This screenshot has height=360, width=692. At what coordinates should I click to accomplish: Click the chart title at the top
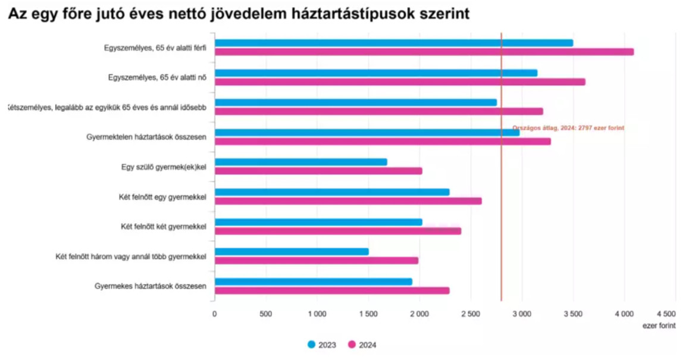(239, 14)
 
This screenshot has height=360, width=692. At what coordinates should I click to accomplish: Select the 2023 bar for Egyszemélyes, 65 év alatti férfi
(393, 43)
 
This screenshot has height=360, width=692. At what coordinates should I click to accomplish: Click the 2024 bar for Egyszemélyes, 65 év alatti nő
(399, 82)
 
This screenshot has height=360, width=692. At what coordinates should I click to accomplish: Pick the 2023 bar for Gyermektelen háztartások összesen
(367, 132)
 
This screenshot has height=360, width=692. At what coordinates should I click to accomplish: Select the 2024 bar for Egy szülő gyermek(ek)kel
(318, 171)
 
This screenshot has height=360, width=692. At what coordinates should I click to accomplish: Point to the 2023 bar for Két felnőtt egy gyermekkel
(331, 192)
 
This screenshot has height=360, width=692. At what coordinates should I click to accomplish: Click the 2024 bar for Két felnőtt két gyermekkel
(337, 231)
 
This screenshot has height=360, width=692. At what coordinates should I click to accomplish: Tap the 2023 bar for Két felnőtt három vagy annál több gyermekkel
(291, 252)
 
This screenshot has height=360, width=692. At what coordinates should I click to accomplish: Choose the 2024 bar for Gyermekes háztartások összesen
(331, 290)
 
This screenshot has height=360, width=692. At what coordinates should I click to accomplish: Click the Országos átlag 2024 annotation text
(568, 128)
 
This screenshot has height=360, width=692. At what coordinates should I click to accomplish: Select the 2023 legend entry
(322, 345)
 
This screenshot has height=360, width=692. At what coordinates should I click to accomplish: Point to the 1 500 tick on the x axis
(368, 314)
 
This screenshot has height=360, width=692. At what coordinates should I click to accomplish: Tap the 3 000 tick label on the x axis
(522, 314)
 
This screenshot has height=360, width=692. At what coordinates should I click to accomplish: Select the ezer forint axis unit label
(659, 325)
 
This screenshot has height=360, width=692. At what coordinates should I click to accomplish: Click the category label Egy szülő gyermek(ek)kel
(163, 167)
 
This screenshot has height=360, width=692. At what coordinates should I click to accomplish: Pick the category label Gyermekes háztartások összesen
(151, 286)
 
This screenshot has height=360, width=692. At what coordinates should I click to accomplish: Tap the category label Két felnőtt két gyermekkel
(163, 226)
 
